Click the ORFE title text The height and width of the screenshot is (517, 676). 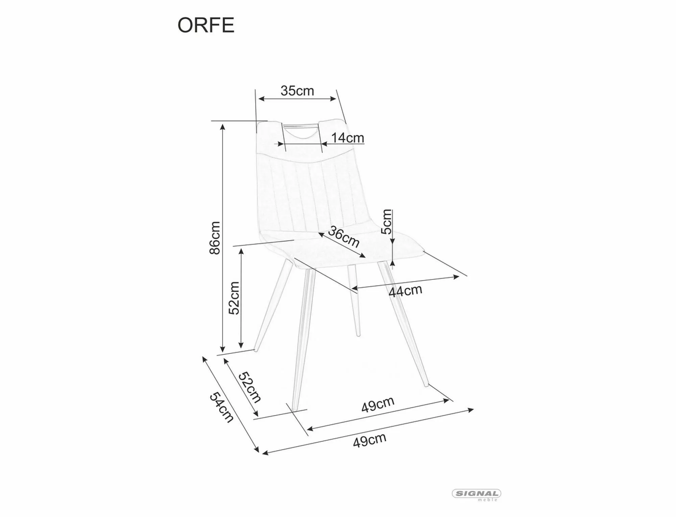(x=206, y=25)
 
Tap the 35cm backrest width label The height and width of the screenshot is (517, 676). (x=297, y=91)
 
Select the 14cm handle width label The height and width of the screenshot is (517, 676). (x=347, y=138)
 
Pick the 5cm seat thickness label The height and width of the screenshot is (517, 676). (x=386, y=222)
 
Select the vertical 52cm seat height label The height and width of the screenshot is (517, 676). (x=234, y=298)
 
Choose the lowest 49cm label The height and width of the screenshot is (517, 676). (x=369, y=440)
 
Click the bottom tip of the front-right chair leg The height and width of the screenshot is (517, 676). (x=427, y=385)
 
